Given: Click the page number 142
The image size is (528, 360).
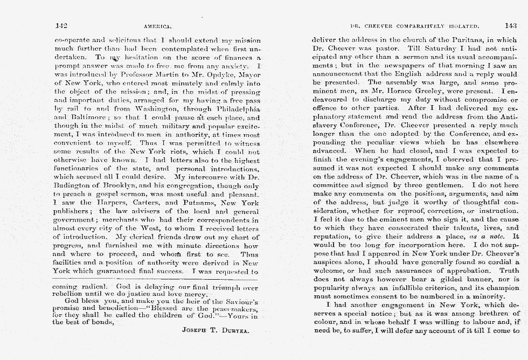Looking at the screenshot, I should click(60, 25).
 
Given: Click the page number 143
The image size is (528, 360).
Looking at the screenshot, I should click(510, 25).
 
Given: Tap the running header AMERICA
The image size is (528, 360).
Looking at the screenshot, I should click(158, 26).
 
